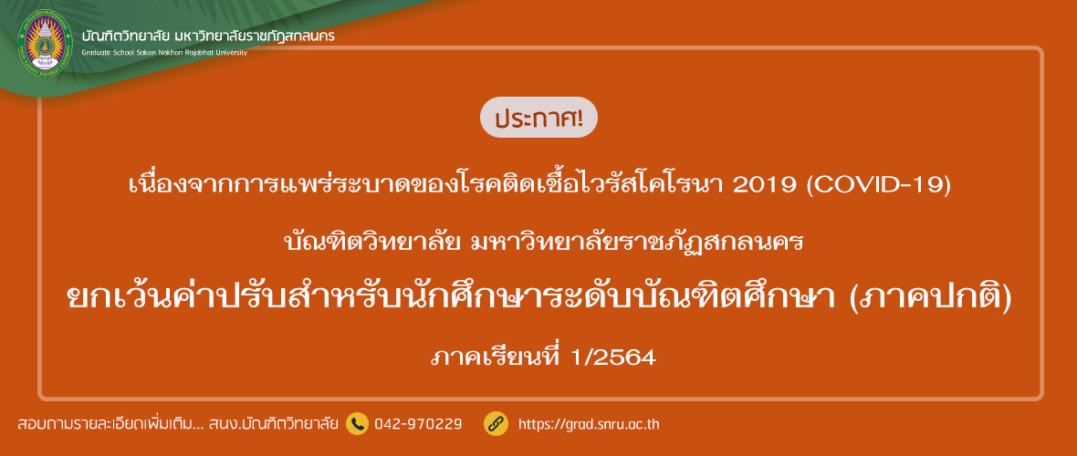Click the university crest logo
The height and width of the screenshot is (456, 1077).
point(44,43)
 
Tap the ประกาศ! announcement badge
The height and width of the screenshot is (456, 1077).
point(538,118)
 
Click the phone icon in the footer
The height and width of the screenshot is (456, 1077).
point(357,424)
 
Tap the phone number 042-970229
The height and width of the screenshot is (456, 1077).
point(418,424)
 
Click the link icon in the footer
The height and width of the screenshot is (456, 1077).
point(496,424)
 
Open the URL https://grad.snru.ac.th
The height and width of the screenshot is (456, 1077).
point(589,424)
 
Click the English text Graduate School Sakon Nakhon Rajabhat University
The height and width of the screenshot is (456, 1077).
point(164,53)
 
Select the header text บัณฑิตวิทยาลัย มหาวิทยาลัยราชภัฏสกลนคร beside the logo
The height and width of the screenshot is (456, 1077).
point(208,35)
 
